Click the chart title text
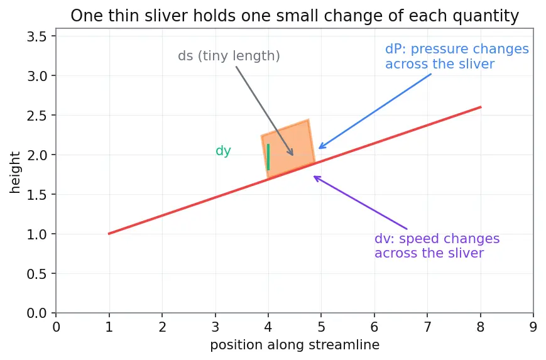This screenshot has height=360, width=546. (x=295, y=16)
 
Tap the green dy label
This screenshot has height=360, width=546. (x=223, y=151)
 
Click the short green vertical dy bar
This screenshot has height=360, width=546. (x=268, y=157)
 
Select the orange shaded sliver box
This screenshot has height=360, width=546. (x=288, y=149)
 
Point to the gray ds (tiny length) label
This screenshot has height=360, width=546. (x=229, y=56)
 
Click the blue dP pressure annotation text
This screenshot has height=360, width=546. (x=457, y=57)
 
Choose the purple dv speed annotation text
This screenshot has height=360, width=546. (x=437, y=246)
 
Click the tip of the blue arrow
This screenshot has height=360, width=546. (x=319, y=148)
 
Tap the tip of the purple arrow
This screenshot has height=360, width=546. (x=314, y=176)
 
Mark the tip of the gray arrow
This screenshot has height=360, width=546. (x=293, y=155)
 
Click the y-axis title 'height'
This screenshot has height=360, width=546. (x=15, y=172)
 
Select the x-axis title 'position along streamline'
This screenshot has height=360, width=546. (x=295, y=345)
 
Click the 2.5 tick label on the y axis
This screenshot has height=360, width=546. (x=36, y=115)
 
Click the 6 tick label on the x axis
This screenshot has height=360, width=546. (x=374, y=327)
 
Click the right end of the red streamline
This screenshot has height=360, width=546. (x=481, y=107)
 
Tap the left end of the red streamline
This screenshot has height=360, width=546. (x=109, y=234)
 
